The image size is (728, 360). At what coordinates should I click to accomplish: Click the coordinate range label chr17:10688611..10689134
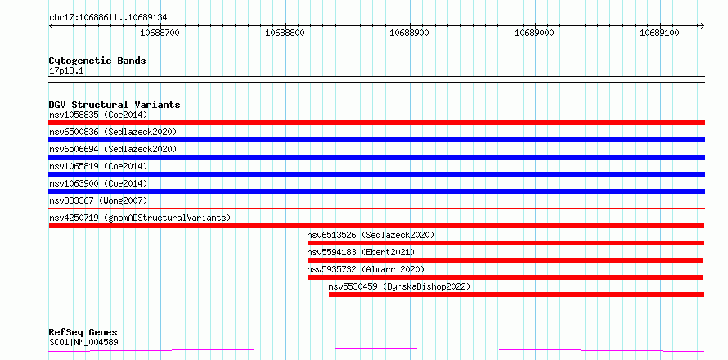coord(108,18)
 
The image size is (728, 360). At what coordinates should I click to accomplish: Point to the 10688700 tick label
coord(160,33)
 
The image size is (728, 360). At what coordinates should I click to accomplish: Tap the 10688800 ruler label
coord(285,33)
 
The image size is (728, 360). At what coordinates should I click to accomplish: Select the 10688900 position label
coord(410,33)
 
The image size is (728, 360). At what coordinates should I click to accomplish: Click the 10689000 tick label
coord(534,33)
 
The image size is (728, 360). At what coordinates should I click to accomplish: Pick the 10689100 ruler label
coord(659,33)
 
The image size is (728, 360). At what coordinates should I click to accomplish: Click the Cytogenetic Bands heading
coord(97,61)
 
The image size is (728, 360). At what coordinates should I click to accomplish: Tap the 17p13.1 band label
coord(66,71)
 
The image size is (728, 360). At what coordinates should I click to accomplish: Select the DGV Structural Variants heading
coord(115,105)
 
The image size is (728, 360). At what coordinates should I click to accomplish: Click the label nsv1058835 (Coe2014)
coord(98,115)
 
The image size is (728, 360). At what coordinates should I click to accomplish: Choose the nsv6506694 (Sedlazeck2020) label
coord(113,149)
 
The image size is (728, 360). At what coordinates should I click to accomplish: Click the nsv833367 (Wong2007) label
coord(98,200)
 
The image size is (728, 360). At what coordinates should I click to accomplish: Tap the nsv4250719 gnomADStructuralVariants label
coord(140,218)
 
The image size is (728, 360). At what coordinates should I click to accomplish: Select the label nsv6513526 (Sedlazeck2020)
coord(371,235)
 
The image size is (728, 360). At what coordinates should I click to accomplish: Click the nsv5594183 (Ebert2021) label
coord(361,252)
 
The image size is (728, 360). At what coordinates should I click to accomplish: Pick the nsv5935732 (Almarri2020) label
coord(366,269)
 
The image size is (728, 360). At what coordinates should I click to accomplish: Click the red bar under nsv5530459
coord(516,295)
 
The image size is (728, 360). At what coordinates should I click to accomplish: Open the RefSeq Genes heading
coord(83,333)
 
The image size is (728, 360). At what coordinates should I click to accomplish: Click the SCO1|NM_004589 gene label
coord(83,343)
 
